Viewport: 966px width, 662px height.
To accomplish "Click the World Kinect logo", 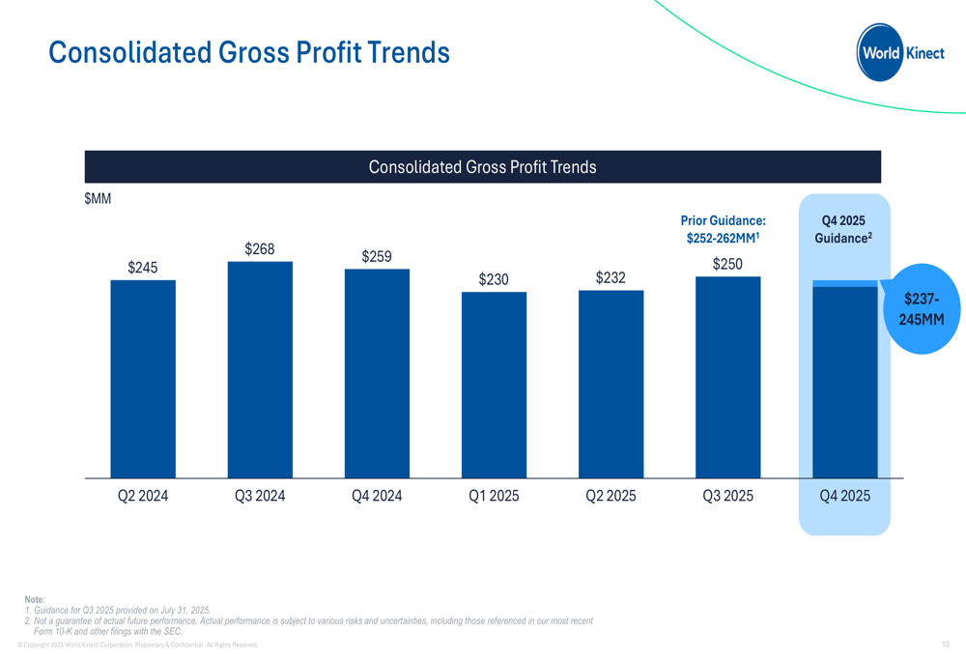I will [x=900, y=53].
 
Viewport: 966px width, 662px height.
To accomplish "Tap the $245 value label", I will [x=143, y=268].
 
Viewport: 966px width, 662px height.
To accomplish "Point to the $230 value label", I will [x=494, y=280].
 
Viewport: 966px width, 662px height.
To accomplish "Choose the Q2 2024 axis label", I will [x=143, y=496].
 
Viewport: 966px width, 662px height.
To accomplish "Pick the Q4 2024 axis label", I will [x=377, y=496].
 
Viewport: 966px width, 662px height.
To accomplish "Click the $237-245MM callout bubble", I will [x=922, y=308].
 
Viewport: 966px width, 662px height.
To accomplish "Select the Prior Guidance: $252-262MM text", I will [x=723, y=229].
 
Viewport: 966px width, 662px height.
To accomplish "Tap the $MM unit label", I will [x=98, y=199].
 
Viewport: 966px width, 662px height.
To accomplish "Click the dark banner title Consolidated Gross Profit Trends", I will [x=482, y=167].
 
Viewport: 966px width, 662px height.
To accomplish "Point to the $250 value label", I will [x=727, y=265].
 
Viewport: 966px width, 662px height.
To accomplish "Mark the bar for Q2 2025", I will [x=611, y=384].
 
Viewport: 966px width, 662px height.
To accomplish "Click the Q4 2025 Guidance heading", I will [x=843, y=229].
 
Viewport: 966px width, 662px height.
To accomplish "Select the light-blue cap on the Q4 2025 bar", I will [x=844, y=283].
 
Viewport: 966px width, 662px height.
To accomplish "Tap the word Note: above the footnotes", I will [x=35, y=600].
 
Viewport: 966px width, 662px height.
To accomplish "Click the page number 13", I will [x=945, y=645].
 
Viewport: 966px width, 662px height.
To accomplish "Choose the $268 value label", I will [x=260, y=249].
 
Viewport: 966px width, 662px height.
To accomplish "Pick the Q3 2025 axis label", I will [x=727, y=496].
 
